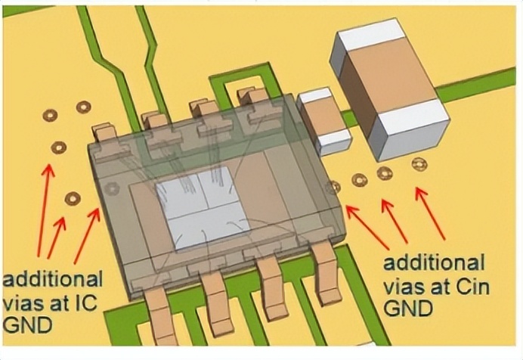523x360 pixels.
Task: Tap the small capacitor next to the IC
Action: click(x=324, y=121)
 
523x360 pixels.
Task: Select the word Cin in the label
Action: click(x=471, y=287)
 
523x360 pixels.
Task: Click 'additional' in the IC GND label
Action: click(x=52, y=280)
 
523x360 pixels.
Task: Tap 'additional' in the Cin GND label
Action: click(x=434, y=262)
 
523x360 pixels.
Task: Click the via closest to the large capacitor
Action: click(x=419, y=164)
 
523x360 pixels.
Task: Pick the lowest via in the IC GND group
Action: click(x=73, y=198)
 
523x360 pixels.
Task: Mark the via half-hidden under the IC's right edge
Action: click(x=334, y=187)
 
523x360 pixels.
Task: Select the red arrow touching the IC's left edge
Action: click(x=87, y=235)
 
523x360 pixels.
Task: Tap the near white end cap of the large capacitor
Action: click(x=413, y=130)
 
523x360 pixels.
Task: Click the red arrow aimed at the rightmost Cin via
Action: click(x=430, y=213)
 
